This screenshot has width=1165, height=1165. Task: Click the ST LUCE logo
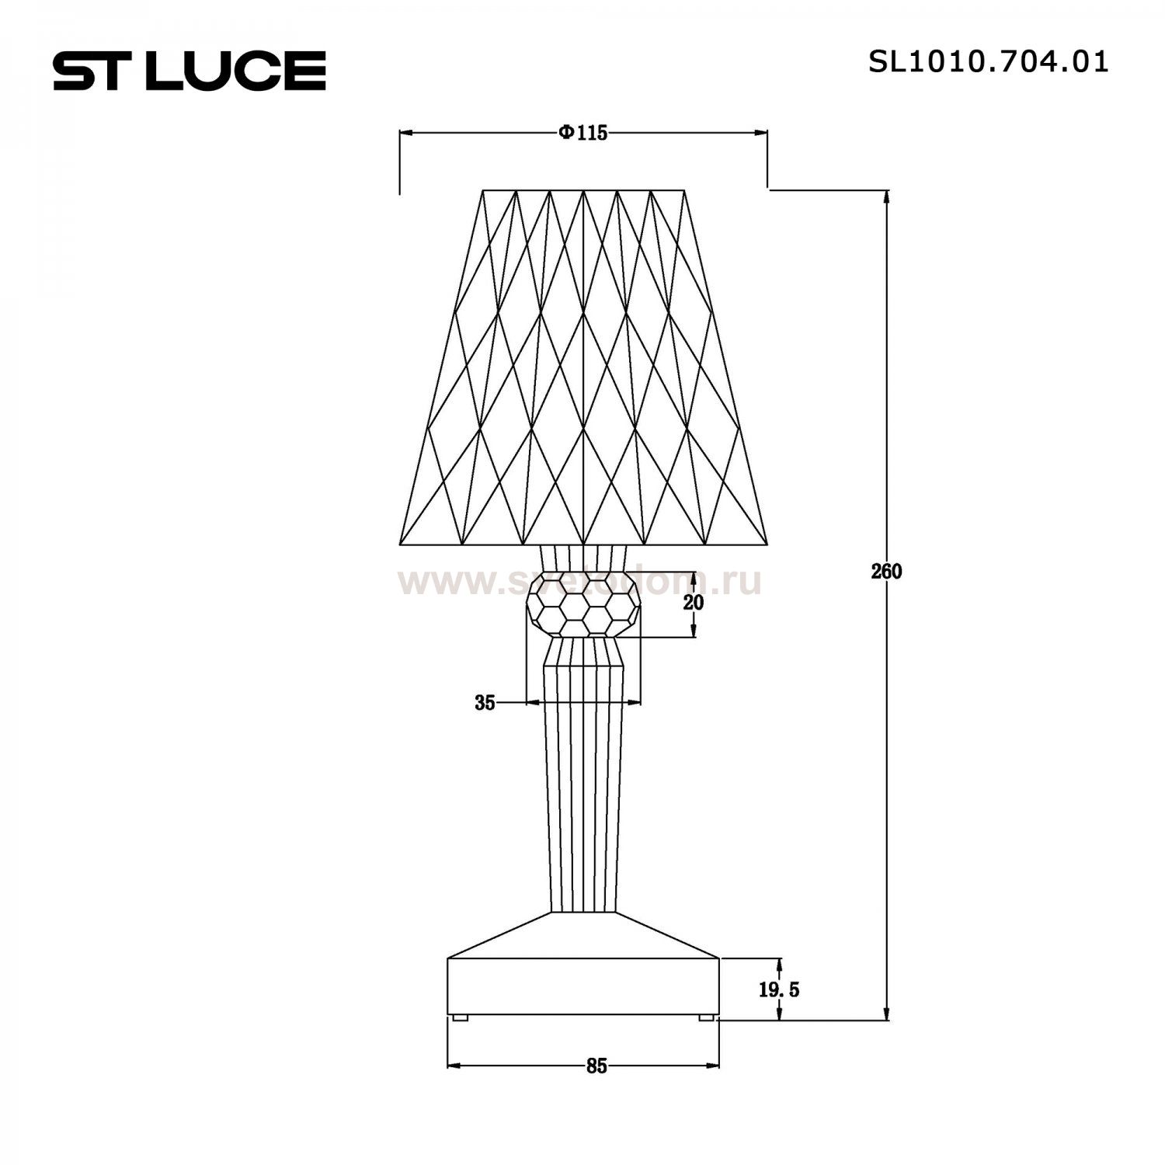click(x=190, y=71)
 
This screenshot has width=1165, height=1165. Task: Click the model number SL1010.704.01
click(x=988, y=62)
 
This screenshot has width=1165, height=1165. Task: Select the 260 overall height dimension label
click(x=886, y=572)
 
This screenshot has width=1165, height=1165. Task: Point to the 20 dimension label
click(x=694, y=602)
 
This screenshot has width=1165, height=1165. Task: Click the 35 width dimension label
click(x=485, y=703)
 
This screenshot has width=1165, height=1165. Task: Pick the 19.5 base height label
click(x=779, y=989)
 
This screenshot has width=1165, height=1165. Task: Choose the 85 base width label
click(x=596, y=1066)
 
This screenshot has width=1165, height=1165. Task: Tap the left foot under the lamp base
click(x=460, y=1017)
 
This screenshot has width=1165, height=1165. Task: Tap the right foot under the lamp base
click(x=706, y=1017)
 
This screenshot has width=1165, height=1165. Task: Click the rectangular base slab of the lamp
click(x=583, y=986)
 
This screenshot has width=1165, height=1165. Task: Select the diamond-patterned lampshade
click(x=583, y=365)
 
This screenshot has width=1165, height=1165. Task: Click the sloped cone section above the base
click(x=583, y=935)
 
